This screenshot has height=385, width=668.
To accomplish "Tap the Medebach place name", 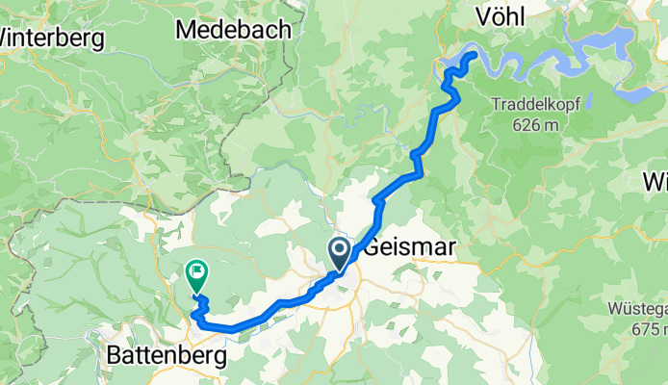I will coord(234,30).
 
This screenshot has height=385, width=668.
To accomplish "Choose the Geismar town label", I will coord(409,247).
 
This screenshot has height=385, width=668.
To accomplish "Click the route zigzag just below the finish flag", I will coord(200,307).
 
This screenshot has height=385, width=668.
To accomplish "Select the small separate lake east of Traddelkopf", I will coord(636,94).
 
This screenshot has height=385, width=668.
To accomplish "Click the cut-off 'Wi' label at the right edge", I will coord(657,181).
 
